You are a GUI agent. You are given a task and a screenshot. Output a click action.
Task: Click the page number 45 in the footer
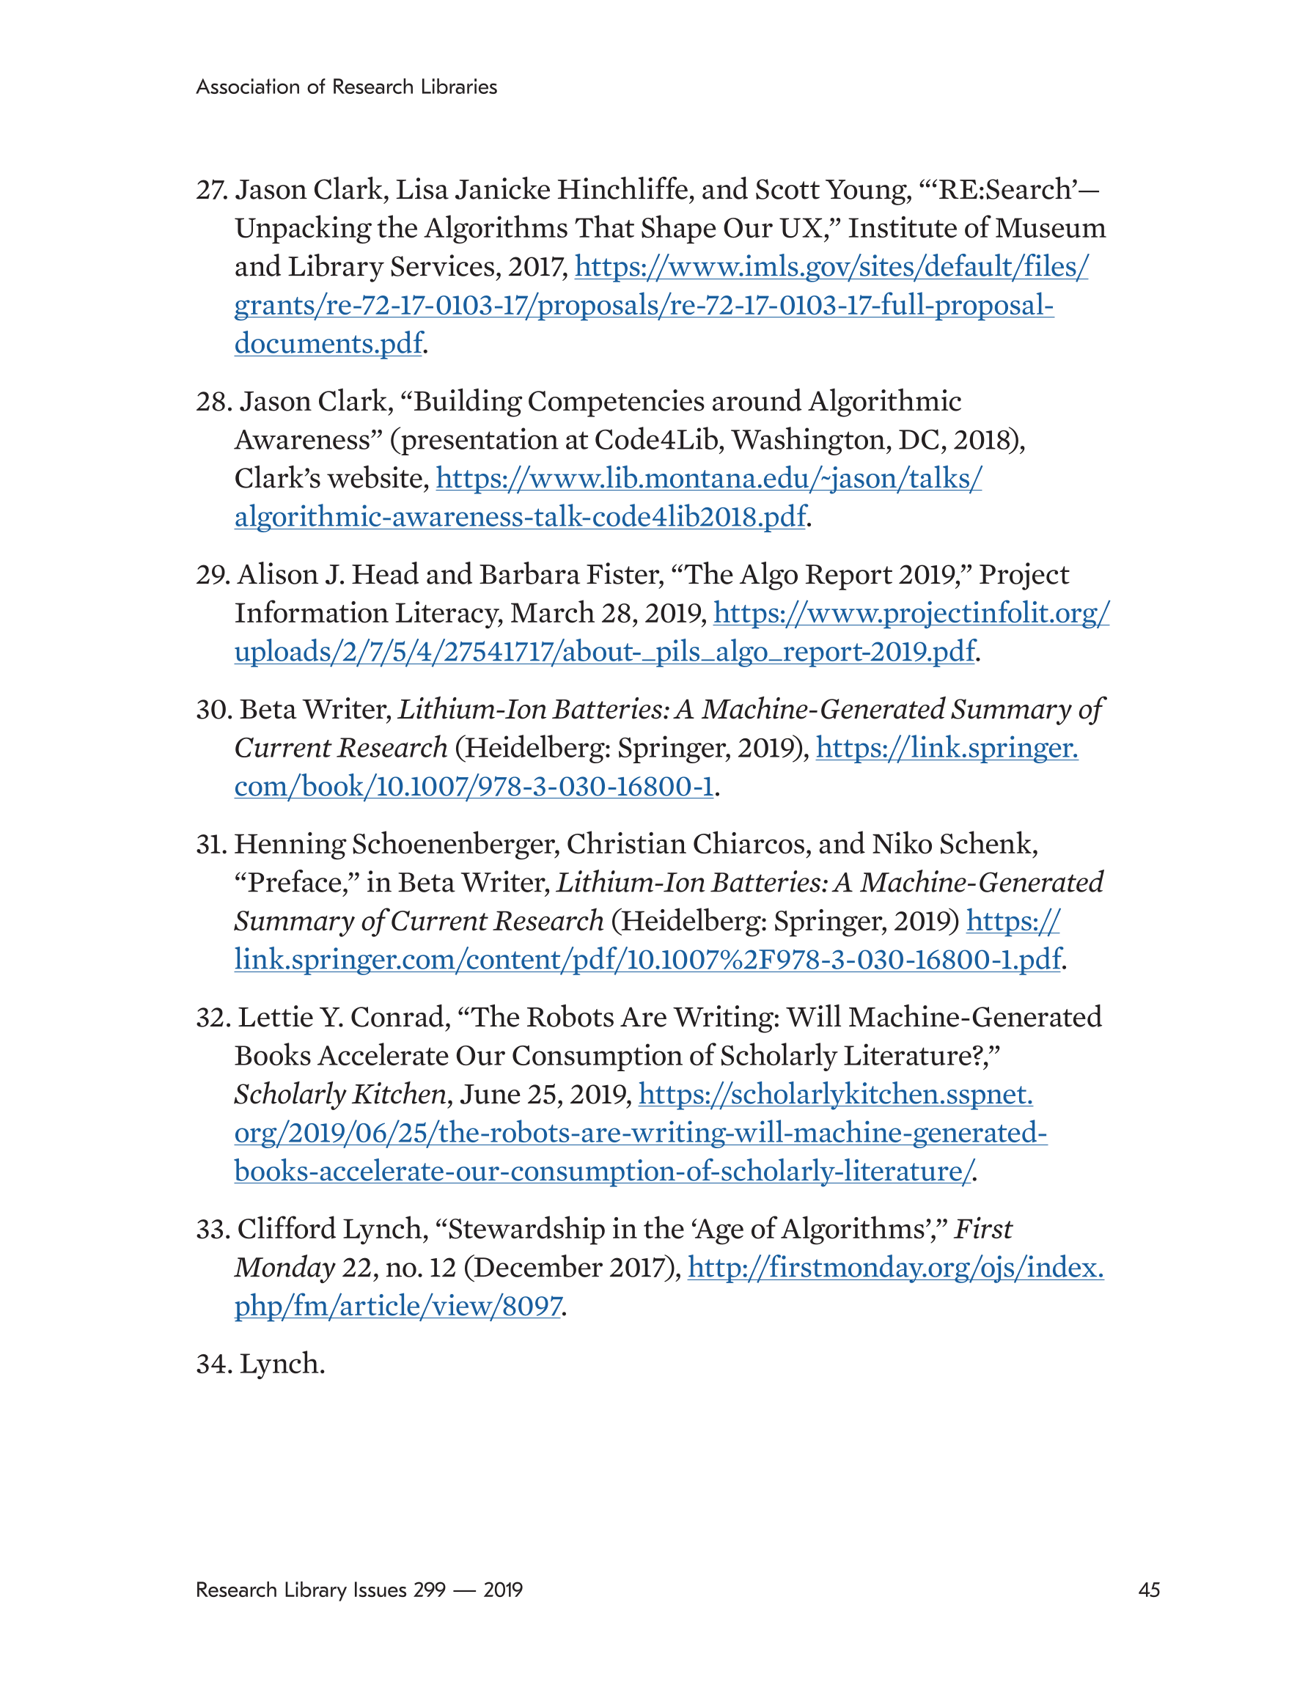[1148, 1590]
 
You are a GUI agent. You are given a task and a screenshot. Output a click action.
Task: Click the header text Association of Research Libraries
[347, 87]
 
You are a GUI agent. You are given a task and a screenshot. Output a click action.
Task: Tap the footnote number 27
[211, 190]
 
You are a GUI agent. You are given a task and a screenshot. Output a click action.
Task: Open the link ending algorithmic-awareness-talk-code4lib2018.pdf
[521, 517]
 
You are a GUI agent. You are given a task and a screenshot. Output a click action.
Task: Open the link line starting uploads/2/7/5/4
[604, 652]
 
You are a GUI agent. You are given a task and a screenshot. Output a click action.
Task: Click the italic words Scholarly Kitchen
[340, 1095]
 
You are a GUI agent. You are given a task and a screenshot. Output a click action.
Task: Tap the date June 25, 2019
[545, 1095]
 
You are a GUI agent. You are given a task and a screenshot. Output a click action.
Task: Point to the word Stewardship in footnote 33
[523, 1230]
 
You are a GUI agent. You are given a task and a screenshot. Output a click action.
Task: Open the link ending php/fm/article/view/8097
[397, 1306]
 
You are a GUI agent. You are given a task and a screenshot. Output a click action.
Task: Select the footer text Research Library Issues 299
[320, 1590]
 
